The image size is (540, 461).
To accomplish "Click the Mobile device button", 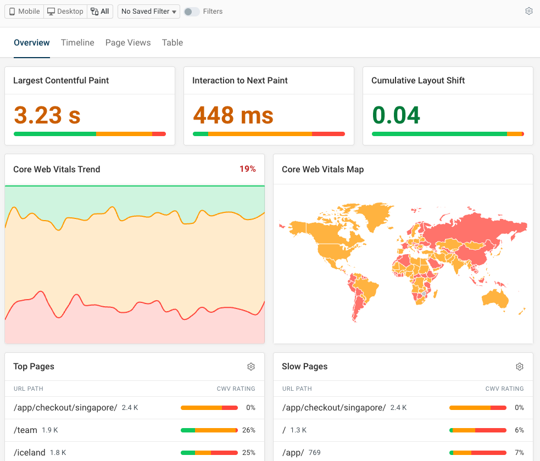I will click(x=25, y=12).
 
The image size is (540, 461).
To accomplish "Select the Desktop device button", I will click(x=65, y=12).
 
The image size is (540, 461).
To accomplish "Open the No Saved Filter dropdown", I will click(x=149, y=12).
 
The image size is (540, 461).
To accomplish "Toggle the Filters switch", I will click(x=192, y=12).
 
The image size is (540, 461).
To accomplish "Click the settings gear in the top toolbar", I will click(x=529, y=11).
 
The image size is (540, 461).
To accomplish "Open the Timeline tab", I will click(x=77, y=43).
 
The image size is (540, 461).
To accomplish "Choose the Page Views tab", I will click(x=128, y=43).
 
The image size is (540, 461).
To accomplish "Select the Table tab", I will click(x=172, y=43).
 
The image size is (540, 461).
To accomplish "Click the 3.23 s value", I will click(x=47, y=115).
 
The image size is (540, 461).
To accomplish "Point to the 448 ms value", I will click(x=233, y=115).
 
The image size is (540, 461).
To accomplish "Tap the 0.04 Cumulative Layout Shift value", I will click(x=396, y=115).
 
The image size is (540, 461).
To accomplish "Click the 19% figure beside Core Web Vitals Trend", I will click(x=248, y=169).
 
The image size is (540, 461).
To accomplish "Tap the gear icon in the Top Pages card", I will click(x=251, y=367).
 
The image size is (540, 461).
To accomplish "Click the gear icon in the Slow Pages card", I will click(x=520, y=367).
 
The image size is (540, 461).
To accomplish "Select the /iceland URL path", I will click(x=29, y=453).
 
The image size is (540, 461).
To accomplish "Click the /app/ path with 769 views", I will click(x=292, y=453).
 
